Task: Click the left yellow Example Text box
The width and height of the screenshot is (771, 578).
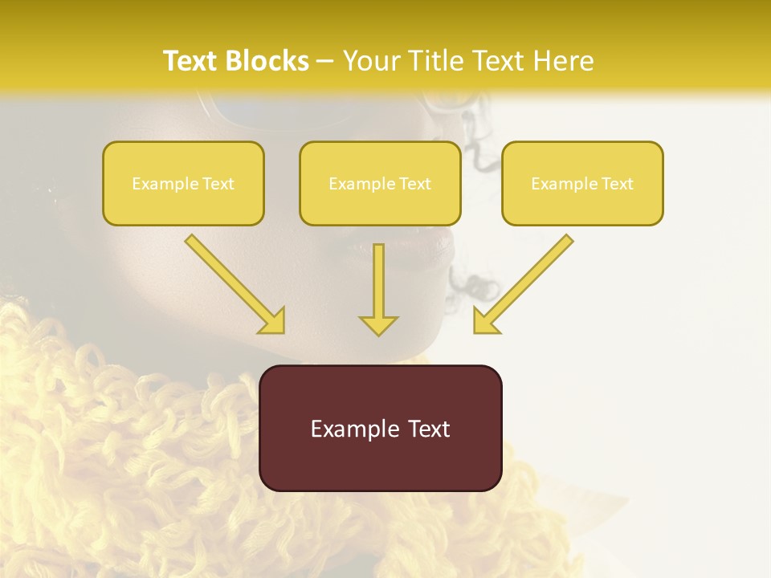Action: click(183, 183)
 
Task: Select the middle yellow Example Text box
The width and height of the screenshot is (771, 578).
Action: click(380, 183)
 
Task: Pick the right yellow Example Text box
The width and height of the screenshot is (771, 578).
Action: click(582, 183)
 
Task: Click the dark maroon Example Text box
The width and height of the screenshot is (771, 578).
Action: click(381, 428)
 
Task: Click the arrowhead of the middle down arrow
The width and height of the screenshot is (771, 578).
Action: click(378, 324)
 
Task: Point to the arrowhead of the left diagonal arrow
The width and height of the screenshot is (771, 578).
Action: click(273, 320)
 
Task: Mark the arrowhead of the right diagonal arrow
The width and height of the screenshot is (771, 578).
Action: click(485, 320)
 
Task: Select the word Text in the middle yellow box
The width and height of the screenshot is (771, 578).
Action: click(414, 184)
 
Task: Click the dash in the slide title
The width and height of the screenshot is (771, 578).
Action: click(325, 61)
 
